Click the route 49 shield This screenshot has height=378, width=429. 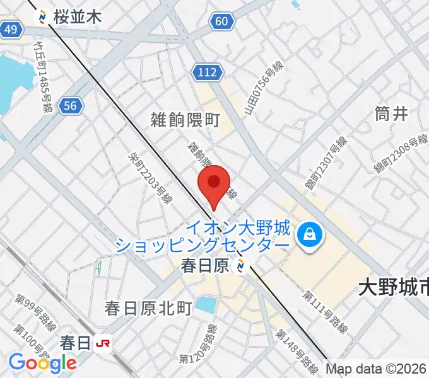11,29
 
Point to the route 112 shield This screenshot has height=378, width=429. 208,72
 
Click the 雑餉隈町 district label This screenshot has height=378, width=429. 185,120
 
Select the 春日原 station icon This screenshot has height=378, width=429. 240,267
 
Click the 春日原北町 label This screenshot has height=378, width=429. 148,308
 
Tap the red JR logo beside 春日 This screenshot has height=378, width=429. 102,343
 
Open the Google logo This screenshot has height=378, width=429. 42,362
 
